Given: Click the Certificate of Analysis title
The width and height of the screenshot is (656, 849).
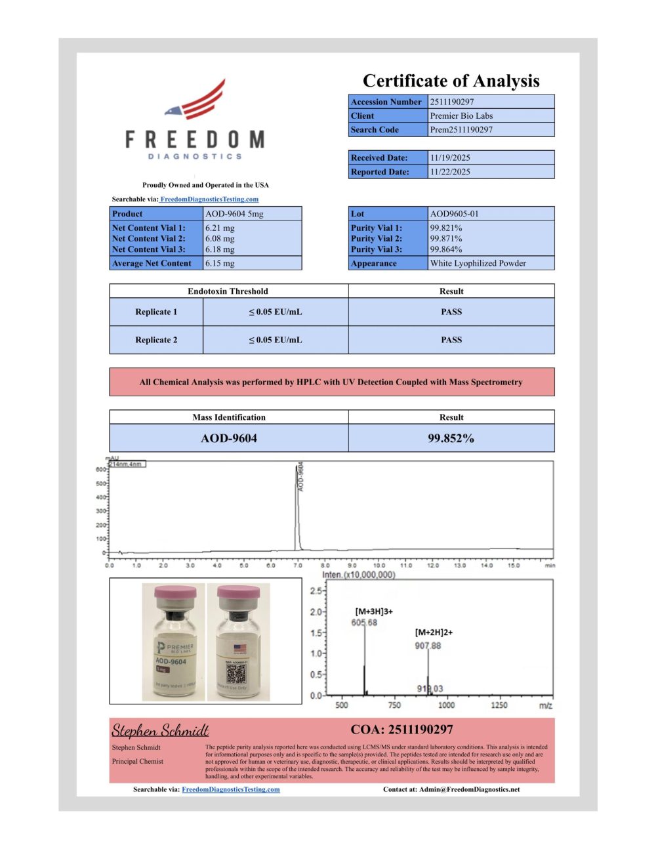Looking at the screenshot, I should pyautogui.click(x=451, y=81).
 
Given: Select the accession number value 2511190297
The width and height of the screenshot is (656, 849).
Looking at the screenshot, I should pyautogui.click(x=452, y=102).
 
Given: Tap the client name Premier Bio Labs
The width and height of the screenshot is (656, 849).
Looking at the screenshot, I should pyautogui.click(x=461, y=115).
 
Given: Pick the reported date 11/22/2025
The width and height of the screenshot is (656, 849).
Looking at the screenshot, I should pyautogui.click(x=450, y=172).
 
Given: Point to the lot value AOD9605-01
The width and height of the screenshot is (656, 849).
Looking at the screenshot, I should pyautogui.click(x=455, y=214).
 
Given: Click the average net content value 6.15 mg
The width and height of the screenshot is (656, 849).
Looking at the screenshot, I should pyautogui.click(x=220, y=263).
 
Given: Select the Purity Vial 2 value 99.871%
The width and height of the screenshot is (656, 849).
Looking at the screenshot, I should pyautogui.click(x=446, y=239).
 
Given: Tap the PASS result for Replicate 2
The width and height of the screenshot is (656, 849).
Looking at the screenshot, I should pyautogui.click(x=451, y=340).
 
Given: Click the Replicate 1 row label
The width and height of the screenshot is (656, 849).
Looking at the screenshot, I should pyautogui.click(x=156, y=312).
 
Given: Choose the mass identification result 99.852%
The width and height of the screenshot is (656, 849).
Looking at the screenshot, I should pyautogui.click(x=451, y=438).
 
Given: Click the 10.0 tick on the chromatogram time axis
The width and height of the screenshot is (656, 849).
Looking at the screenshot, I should pyautogui.click(x=379, y=565).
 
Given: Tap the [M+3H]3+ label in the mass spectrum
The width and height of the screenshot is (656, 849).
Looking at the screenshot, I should pyautogui.click(x=374, y=611).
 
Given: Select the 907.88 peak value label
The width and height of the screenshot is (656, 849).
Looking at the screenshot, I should pyautogui.click(x=428, y=646).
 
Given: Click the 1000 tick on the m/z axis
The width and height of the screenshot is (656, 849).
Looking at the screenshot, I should pyautogui.click(x=446, y=705).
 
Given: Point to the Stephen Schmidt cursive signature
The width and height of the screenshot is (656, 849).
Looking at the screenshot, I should pyautogui.click(x=160, y=730).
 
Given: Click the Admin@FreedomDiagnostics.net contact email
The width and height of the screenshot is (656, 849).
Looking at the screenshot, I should pyautogui.click(x=469, y=789).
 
